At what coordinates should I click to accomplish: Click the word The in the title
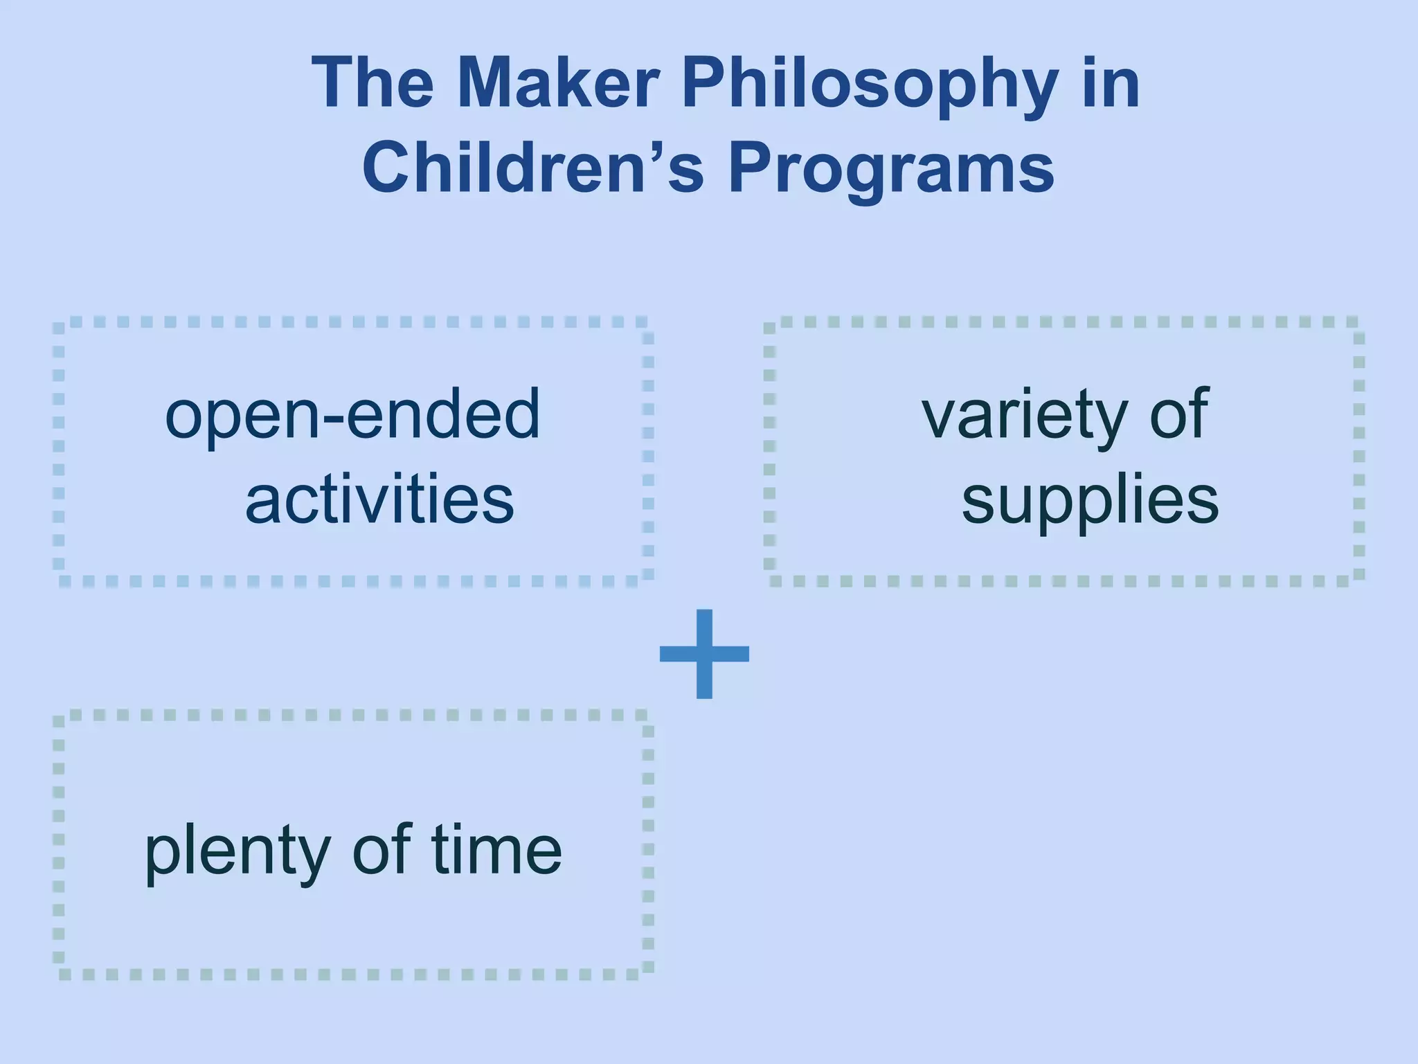(373, 85)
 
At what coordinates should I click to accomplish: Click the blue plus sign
(704, 653)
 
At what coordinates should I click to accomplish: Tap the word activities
(379, 499)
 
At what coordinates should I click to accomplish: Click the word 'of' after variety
(1179, 414)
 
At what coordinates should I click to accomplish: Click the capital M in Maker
(485, 85)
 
